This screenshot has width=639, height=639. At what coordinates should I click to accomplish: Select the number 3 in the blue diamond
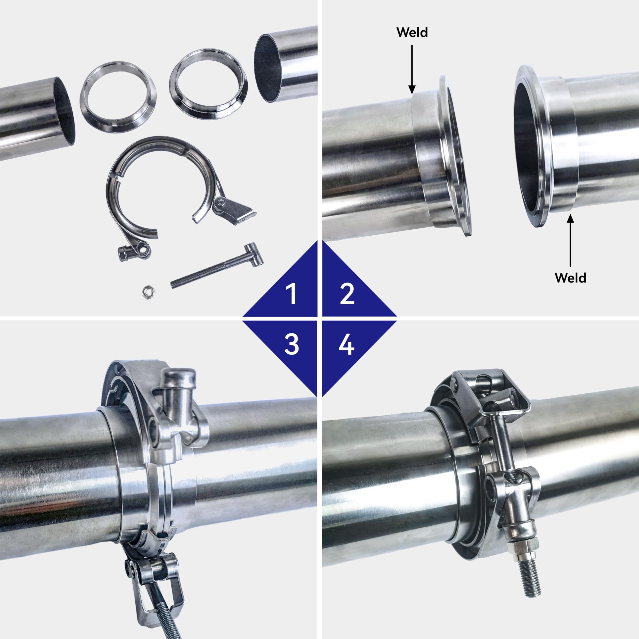tap(291, 345)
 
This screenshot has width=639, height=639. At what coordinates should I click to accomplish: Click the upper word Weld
tap(412, 32)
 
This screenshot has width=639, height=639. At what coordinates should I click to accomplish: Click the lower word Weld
tap(570, 278)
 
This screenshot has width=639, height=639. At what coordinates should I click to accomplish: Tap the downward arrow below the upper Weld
tap(412, 69)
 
